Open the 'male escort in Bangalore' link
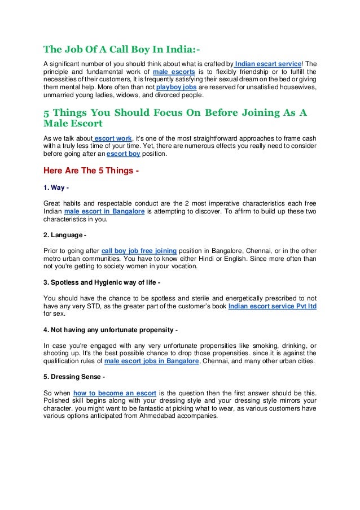(x=105, y=211)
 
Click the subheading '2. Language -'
(x=65, y=234)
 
